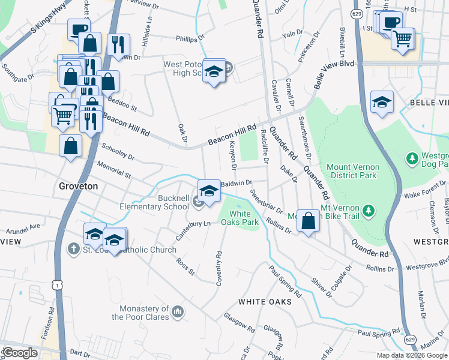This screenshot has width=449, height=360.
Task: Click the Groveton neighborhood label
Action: coord(78,186)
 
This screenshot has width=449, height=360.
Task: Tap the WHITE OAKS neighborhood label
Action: coord(270,301)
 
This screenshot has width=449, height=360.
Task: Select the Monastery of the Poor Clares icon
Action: coord(178,311)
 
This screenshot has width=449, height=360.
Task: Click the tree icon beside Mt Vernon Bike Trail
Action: coord(369,211)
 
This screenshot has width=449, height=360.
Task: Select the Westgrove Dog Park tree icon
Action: coord(412,159)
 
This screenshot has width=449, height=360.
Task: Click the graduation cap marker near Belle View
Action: coord(381,102)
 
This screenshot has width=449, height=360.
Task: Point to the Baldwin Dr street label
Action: coord(238,182)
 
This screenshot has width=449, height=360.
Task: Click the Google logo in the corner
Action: coord(19,353)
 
